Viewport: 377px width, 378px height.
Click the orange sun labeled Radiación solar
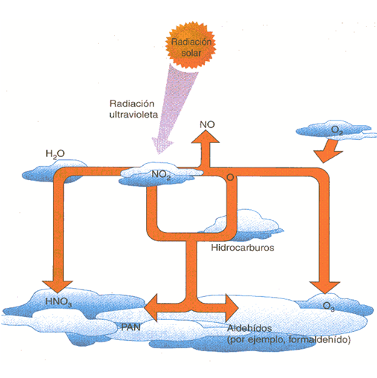[x=191, y=45]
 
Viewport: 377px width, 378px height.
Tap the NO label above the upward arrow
[x=207, y=124]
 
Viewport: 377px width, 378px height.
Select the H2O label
[x=55, y=154]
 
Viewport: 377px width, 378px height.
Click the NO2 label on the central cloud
[x=161, y=175]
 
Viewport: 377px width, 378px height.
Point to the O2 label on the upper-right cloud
[x=337, y=130]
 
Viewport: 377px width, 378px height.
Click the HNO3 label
[x=59, y=302]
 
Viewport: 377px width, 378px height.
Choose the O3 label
[x=329, y=306]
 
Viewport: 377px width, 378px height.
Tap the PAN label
[x=131, y=327]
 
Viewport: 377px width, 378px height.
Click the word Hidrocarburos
[x=243, y=248]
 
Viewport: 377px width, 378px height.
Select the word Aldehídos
[x=250, y=328]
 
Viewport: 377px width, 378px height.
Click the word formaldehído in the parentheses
[x=320, y=339]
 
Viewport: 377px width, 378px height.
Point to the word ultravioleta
[x=133, y=115]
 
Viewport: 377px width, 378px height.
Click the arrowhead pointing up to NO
[x=205, y=136]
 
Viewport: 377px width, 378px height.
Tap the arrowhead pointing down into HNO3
[x=57, y=286]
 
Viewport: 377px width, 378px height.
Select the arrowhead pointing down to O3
[x=325, y=287]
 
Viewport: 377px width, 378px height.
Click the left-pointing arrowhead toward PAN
[x=151, y=308]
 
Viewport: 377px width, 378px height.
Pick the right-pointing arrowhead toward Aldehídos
[x=232, y=308]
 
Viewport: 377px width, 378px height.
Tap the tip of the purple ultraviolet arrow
[x=159, y=154]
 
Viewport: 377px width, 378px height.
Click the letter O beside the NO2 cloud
[x=230, y=177]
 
